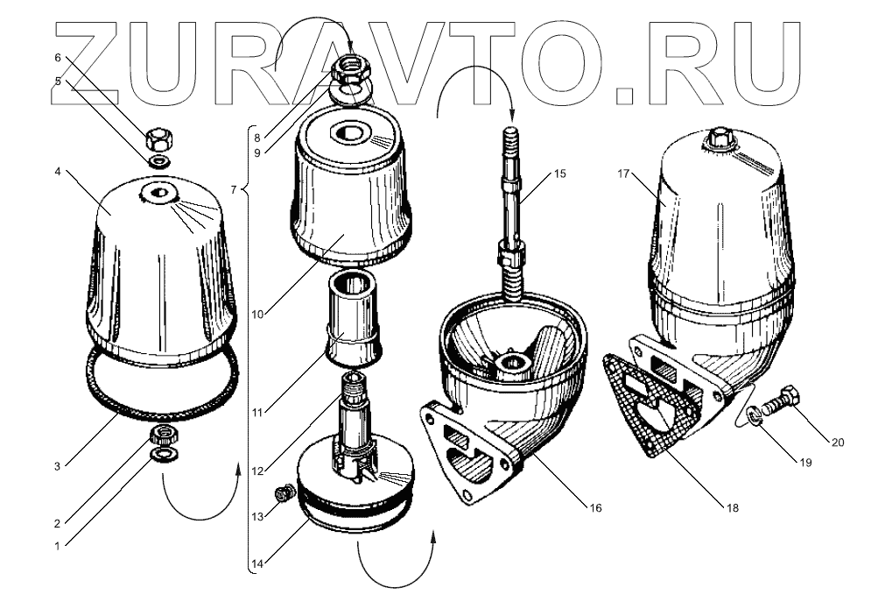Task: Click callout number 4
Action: click(x=58, y=173)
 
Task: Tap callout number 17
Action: click(x=623, y=174)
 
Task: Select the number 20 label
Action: click(x=838, y=442)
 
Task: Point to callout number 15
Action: click(x=559, y=173)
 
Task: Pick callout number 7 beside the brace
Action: click(x=233, y=190)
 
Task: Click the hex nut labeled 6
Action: click(x=158, y=138)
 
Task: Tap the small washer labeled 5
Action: click(x=159, y=162)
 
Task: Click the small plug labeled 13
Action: click(x=282, y=496)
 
